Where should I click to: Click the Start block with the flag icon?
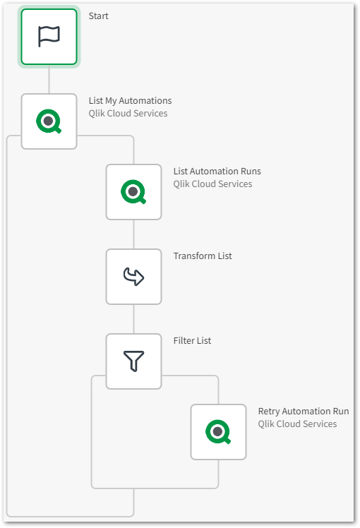coord(49,37)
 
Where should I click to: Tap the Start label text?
coord(99,16)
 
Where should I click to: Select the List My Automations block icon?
coord(49,121)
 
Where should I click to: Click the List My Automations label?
coord(130,100)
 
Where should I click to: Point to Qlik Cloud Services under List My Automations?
coord(128,113)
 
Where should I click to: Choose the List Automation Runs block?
coord(133,192)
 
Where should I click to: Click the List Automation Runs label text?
coord(217,171)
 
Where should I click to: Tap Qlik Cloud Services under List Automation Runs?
coord(212,184)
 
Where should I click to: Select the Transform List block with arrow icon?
coord(133,277)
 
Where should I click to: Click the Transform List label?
coord(203,256)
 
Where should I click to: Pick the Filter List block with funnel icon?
coord(133,361)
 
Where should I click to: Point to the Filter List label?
coord(192,340)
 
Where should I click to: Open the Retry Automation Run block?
coord(218,432)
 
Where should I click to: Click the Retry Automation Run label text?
coord(303,411)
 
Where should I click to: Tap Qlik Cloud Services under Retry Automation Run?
coord(297,424)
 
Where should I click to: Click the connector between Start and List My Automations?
coord(49,80)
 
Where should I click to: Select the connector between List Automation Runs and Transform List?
coord(133,234)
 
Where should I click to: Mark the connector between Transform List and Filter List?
coord(133,318)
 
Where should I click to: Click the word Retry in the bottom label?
coord(269,411)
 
